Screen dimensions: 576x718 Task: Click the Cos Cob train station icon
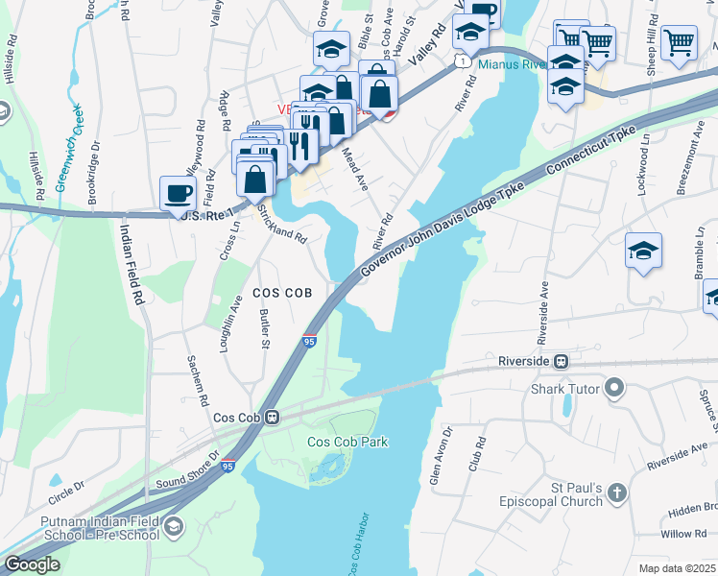[x=273, y=418]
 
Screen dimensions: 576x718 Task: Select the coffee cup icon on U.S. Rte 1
[x=178, y=192]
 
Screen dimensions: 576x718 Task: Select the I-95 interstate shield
[x=309, y=340]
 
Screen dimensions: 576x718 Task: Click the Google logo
[x=31, y=564]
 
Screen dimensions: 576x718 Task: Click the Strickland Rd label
[x=281, y=227]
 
